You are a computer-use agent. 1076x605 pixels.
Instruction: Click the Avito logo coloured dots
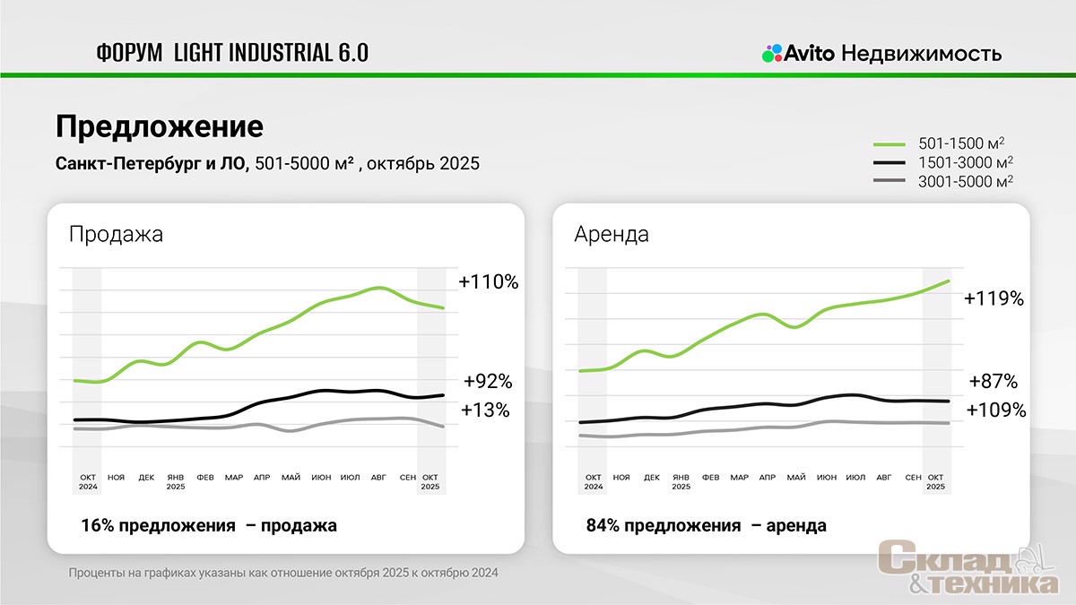point(772,53)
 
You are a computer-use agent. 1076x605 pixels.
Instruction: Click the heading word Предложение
point(160,126)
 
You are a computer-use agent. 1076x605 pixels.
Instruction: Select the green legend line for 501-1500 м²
point(889,143)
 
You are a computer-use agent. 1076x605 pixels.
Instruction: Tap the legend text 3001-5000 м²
point(966,181)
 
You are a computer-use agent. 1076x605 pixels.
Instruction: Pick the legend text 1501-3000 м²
point(966,162)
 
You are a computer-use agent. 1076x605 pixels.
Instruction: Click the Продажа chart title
point(117,235)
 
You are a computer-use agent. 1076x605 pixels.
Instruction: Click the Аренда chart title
point(612,235)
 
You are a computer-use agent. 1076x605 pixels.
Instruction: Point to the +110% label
point(489,281)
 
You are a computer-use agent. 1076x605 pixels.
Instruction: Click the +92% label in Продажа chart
point(488,382)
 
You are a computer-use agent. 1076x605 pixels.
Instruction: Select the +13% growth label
point(485,411)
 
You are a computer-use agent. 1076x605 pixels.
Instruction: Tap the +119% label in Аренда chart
point(994,298)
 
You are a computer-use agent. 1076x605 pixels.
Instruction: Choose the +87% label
point(994,382)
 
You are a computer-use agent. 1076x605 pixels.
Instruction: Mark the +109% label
point(996,411)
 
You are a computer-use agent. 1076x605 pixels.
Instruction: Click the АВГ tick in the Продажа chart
point(378,478)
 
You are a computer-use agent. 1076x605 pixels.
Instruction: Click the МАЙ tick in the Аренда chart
point(796,477)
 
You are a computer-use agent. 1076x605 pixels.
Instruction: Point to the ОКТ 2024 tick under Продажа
point(87,481)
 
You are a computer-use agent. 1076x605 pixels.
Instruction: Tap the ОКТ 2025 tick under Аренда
point(935,481)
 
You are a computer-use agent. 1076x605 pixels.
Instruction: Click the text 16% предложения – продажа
point(209,526)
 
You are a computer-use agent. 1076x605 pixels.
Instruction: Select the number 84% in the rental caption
point(603,526)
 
